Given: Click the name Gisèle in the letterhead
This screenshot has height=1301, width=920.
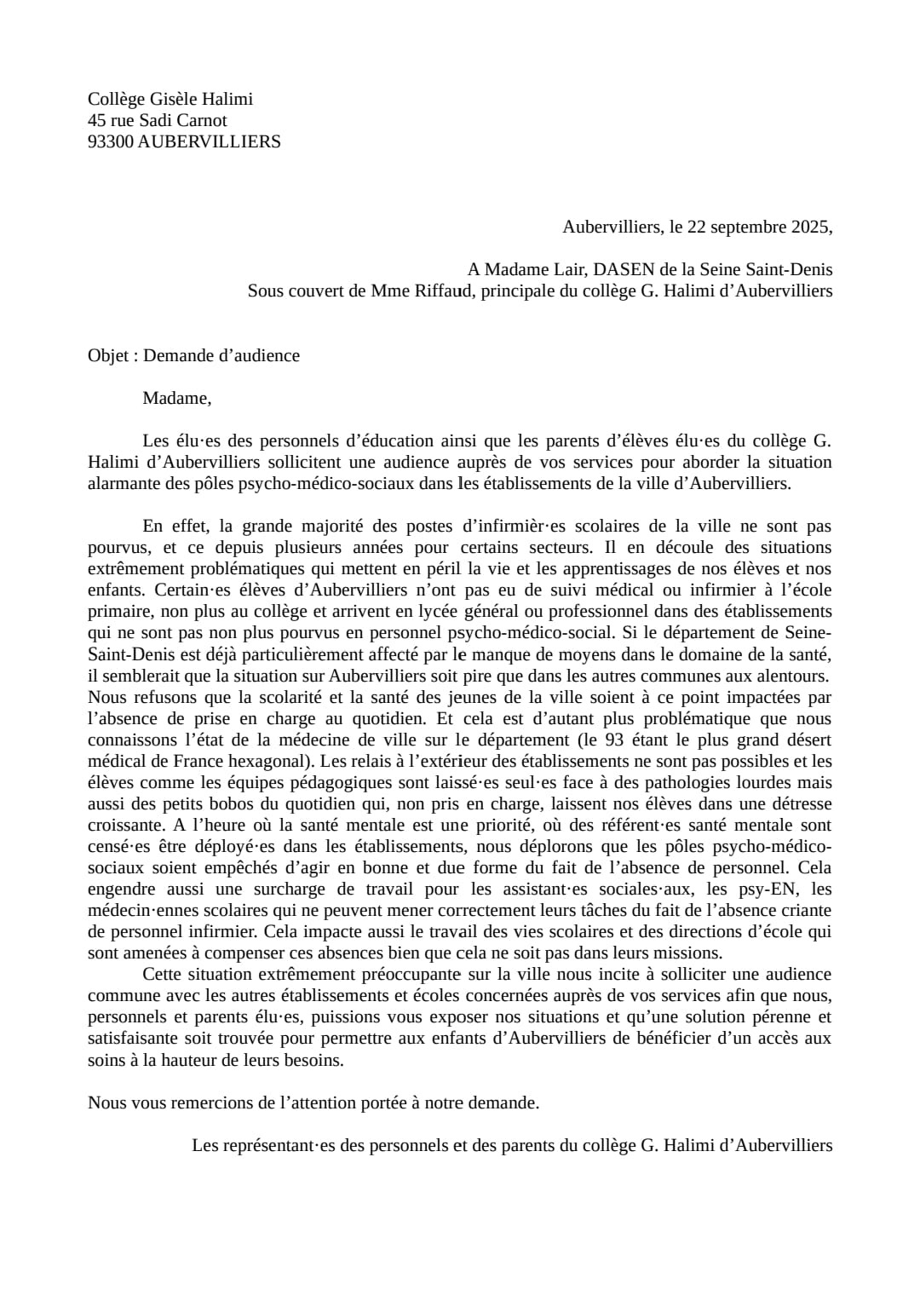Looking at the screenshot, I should click(175, 100).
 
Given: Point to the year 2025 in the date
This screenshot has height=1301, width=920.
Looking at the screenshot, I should click(808, 227).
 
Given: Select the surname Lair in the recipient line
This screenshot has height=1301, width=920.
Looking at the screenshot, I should click(568, 270).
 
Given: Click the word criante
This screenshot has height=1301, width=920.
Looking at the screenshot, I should click(805, 911).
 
